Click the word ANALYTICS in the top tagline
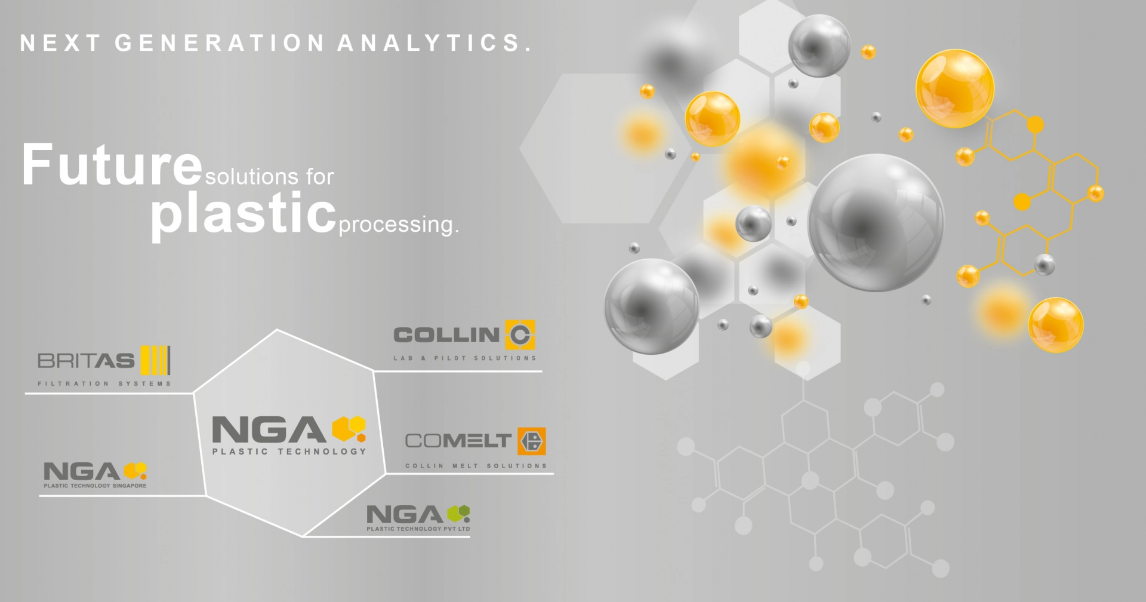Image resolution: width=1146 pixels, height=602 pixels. [x=434, y=43]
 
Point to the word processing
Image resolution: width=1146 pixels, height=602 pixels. [x=399, y=225]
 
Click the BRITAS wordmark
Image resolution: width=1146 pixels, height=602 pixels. [x=86, y=361]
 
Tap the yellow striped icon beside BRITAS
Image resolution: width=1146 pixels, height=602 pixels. [x=155, y=360]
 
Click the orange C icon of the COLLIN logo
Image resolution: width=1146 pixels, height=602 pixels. [x=520, y=334]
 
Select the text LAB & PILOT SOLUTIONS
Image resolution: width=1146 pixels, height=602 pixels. [x=465, y=358]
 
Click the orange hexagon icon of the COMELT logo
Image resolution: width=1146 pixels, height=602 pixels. [x=531, y=441]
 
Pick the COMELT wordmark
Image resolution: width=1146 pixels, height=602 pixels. [x=458, y=441]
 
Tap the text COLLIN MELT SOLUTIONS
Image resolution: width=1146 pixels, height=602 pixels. [x=476, y=466]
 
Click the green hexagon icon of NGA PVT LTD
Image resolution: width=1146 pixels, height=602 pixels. [x=458, y=513]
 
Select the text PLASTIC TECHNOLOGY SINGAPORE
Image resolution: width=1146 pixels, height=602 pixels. [x=95, y=486]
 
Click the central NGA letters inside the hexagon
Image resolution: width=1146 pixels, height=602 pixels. [x=269, y=430]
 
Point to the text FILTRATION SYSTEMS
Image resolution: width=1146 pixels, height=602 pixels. [x=104, y=383]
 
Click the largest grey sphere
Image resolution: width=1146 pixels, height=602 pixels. [x=876, y=223]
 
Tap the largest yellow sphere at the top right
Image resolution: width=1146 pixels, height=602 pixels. [x=955, y=88]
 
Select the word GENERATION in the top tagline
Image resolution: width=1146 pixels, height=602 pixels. [x=220, y=43]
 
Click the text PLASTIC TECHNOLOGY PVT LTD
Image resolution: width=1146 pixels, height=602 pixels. [x=418, y=529]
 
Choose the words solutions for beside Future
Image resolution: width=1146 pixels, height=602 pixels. [x=269, y=177]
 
